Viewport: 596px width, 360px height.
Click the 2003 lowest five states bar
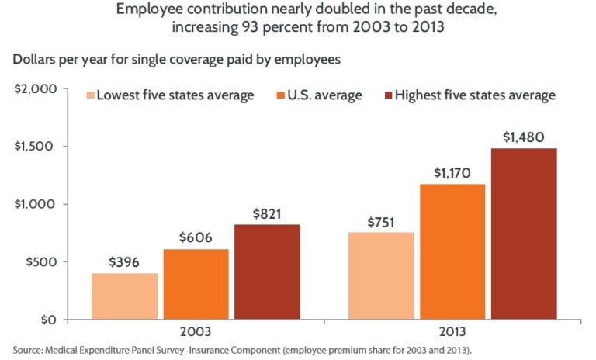[x=125, y=296]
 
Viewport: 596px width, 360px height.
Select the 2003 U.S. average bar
[x=196, y=284]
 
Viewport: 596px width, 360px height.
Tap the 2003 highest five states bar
[x=267, y=272]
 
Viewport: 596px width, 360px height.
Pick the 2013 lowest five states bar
[x=381, y=275]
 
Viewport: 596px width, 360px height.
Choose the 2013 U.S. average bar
[x=452, y=251]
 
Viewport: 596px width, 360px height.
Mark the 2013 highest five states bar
[x=524, y=234]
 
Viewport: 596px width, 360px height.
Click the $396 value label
[x=124, y=262]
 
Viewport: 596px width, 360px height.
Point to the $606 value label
[x=196, y=238]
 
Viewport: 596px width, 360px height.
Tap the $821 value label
[x=267, y=213]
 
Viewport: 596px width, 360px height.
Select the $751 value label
[x=381, y=222]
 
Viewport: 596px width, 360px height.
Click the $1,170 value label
[x=452, y=173]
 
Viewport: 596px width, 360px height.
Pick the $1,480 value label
[x=524, y=137]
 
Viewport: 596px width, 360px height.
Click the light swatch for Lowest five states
[x=90, y=95]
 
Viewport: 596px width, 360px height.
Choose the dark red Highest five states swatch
[x=388, y=95]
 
